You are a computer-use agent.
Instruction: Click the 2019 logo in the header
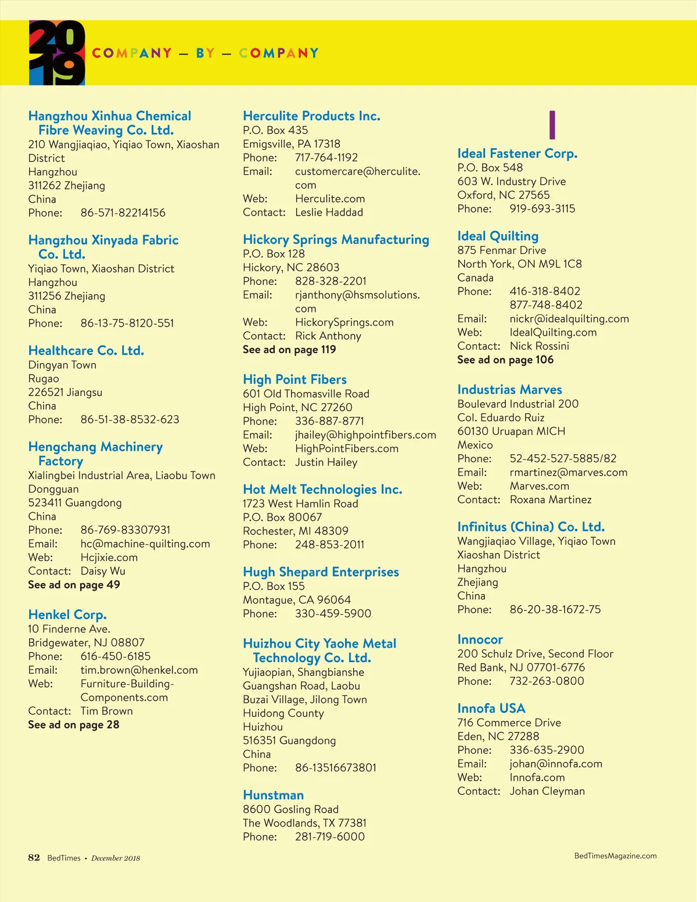coord(57,53)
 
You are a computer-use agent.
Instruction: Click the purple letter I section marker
coord(552,125)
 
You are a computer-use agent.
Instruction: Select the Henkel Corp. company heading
coord(67,614)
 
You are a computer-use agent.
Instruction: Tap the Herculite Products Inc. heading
coord(311,116)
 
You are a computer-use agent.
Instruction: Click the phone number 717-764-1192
coord(326,157)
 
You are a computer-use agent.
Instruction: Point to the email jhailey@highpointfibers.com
coord(365,435)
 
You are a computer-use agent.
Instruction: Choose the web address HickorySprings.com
coord(344,322)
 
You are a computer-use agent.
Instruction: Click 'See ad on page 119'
coord(289,350)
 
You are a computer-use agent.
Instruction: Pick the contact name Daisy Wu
coord(103,571)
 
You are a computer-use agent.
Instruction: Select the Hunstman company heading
coord(273,795)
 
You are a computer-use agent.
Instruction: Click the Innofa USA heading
coord(491,709)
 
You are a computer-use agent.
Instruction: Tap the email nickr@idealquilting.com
coord(569,319)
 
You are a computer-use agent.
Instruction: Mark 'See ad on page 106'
coord(505,360)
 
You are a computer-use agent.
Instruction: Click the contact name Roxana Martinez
coord(551,499)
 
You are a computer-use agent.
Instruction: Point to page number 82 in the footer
coord(34,858)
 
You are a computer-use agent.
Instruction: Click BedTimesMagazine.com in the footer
coord(615,856)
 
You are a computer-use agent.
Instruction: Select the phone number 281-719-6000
coord(330,837)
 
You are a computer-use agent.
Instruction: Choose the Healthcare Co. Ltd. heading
coord(86,351)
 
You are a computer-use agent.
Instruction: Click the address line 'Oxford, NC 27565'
coord(503,195)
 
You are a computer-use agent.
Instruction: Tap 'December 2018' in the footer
coord(116,858)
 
